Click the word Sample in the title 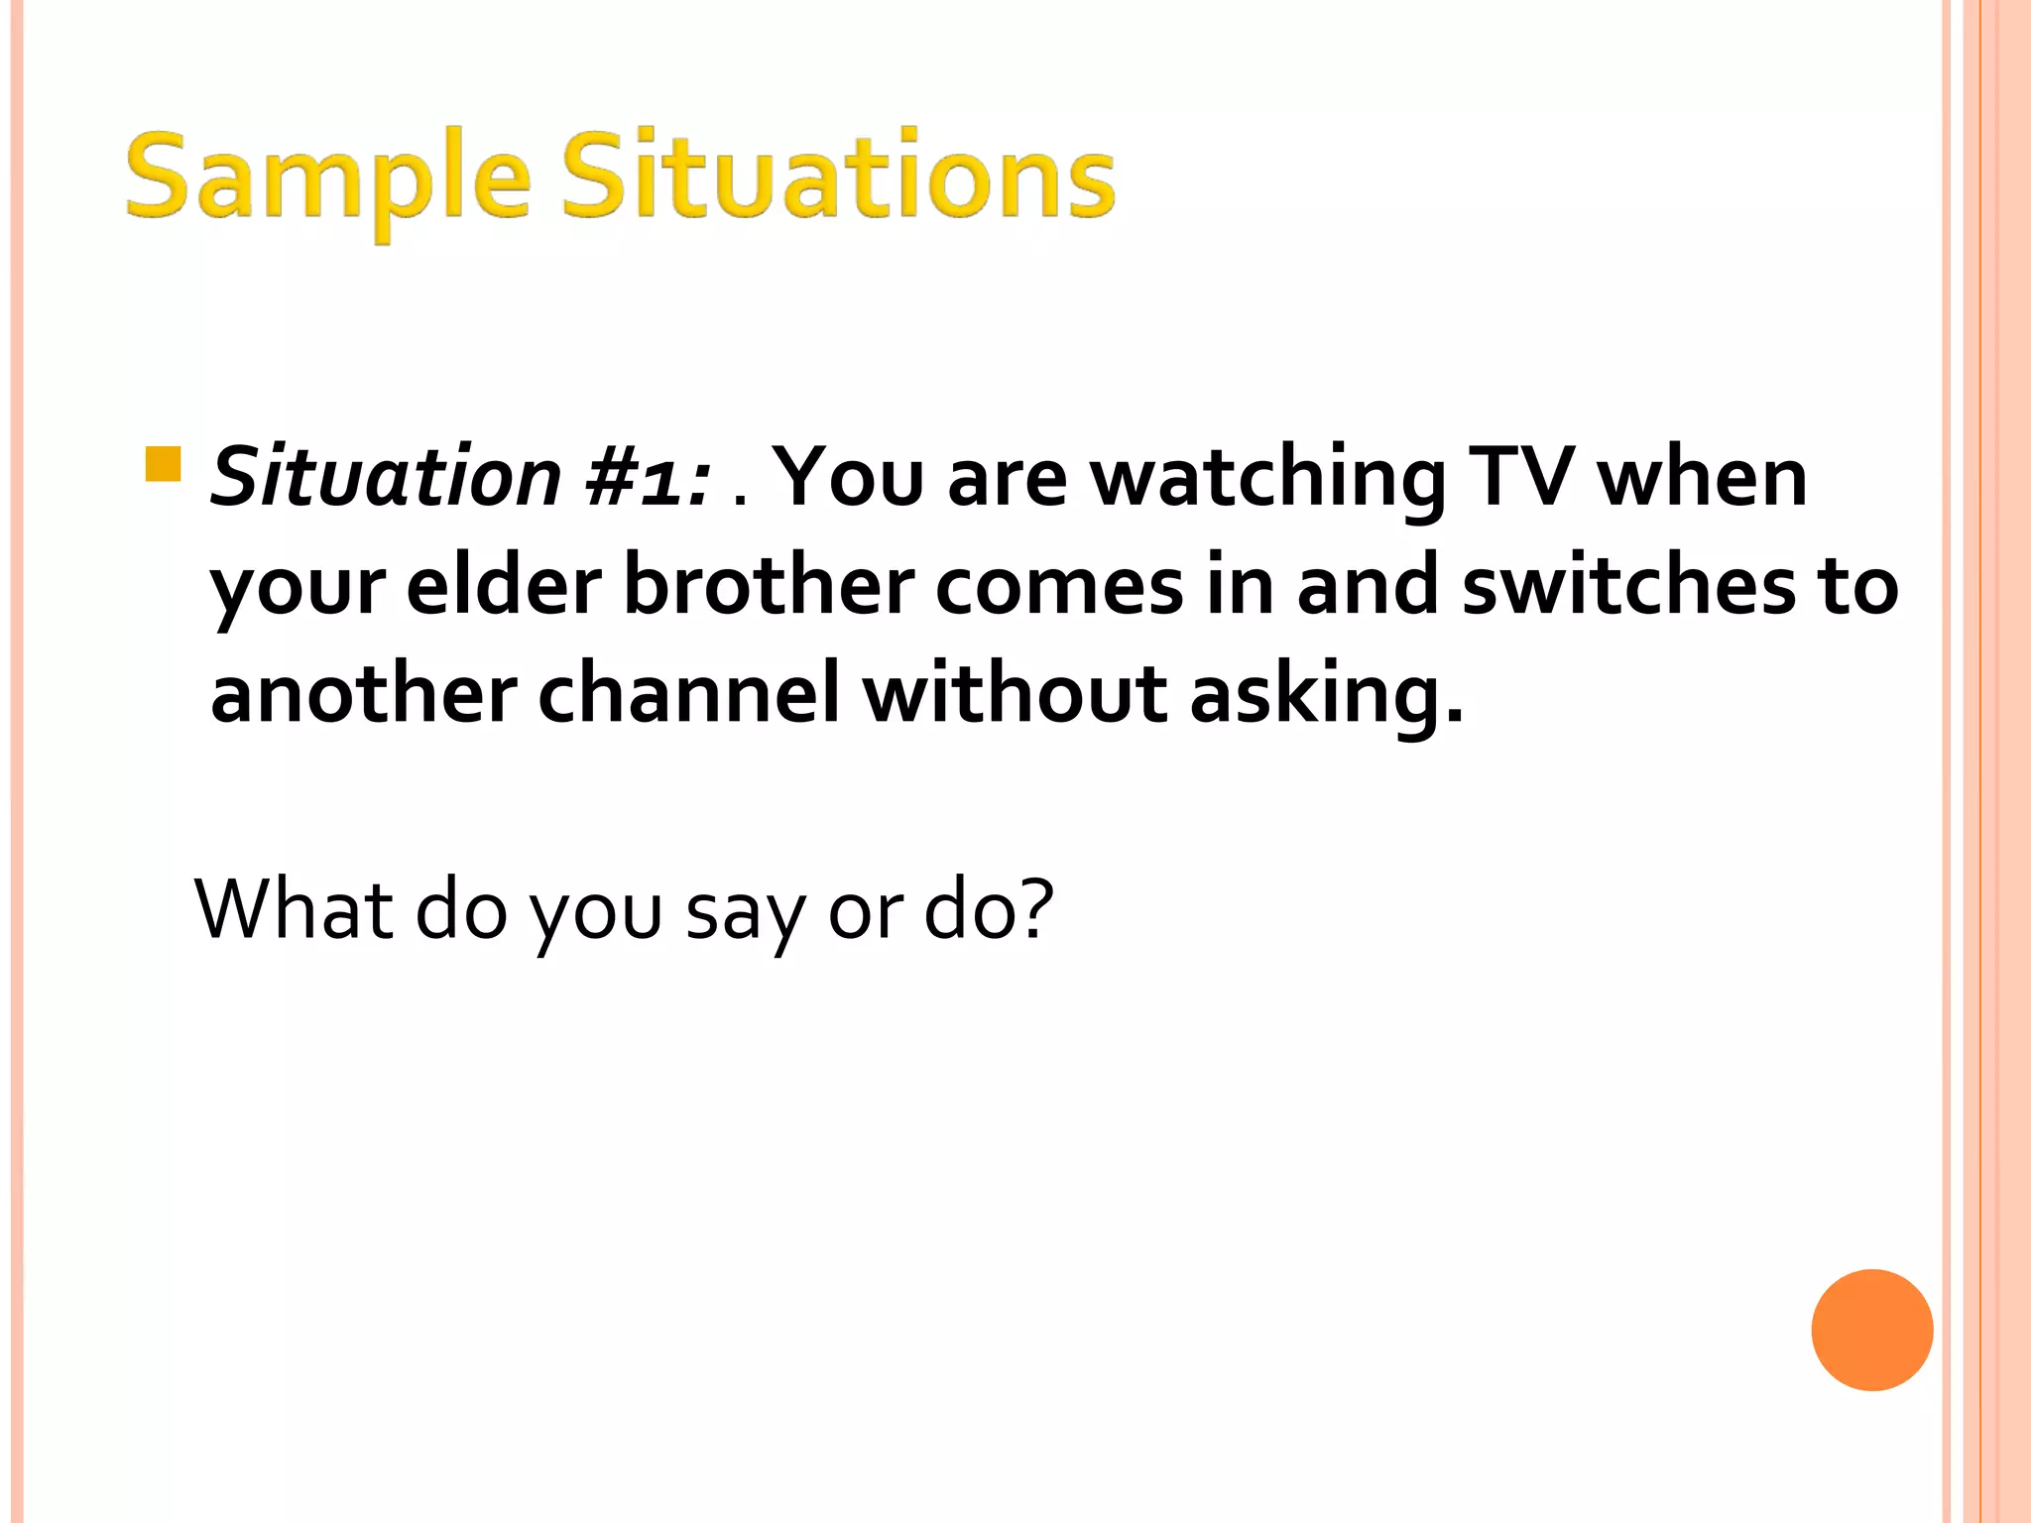tap(327, 178)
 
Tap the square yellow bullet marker tap(163, 464)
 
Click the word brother tap(769, 585)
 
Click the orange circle tap(1871, 1330)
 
